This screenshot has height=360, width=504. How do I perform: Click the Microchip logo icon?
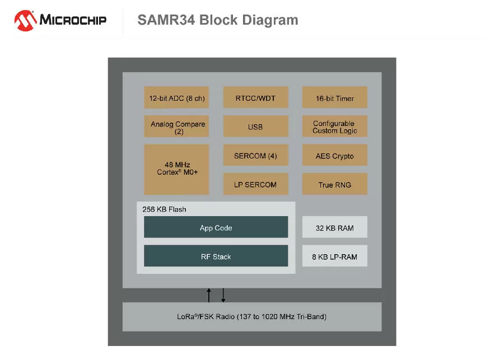click(x=25, y=21)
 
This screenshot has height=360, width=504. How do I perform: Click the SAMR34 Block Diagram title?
click(x=218, y=20)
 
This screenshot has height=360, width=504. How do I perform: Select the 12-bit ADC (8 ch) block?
click(x=176, y=98)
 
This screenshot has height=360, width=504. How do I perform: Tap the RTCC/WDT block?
click(x=255, y=98)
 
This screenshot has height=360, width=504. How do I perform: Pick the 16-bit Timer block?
click(x=335, y=98)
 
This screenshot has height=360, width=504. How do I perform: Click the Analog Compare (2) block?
click(x=176, y=127)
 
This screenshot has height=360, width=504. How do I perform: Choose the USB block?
click(x=255, y=127)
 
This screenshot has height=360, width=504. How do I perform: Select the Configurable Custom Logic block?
click(x=335, y=127)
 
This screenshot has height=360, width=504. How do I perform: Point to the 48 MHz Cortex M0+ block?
click(x=176, y=169)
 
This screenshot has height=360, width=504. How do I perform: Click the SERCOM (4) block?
click(x=255, y=156)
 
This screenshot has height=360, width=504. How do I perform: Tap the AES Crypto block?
click(x=335, y=156)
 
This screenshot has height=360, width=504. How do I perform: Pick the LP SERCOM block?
click(x=255, y=184)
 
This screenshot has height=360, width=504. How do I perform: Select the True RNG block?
click(x=335, y=184)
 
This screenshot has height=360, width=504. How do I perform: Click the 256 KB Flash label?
click(x=164, y=209)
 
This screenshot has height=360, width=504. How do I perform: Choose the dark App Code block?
click(x=216, y=227)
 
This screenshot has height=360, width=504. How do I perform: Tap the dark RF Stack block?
click(x=216, y=256)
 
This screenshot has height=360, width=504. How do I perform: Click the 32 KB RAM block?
click(x=335, y=228)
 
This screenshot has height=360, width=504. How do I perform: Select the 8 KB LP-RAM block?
click(x=335, y=256)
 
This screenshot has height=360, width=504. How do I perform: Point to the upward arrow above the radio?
click(x=209, y=294)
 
